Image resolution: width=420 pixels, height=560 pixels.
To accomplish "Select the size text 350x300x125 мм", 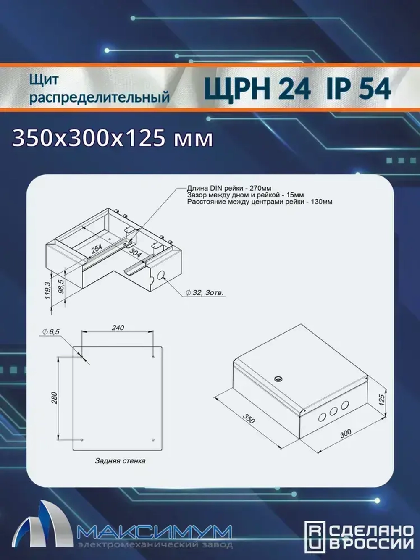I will [113, 138].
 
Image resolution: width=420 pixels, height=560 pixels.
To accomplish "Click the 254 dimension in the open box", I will [97, 249].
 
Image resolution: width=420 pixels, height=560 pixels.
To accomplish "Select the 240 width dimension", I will [118, 328].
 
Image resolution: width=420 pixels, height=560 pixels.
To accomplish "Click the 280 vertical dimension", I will [54, 397].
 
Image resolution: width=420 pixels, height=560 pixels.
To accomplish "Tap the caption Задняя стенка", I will [120, 461].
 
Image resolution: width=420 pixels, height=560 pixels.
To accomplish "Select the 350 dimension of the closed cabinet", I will [249, 420].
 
